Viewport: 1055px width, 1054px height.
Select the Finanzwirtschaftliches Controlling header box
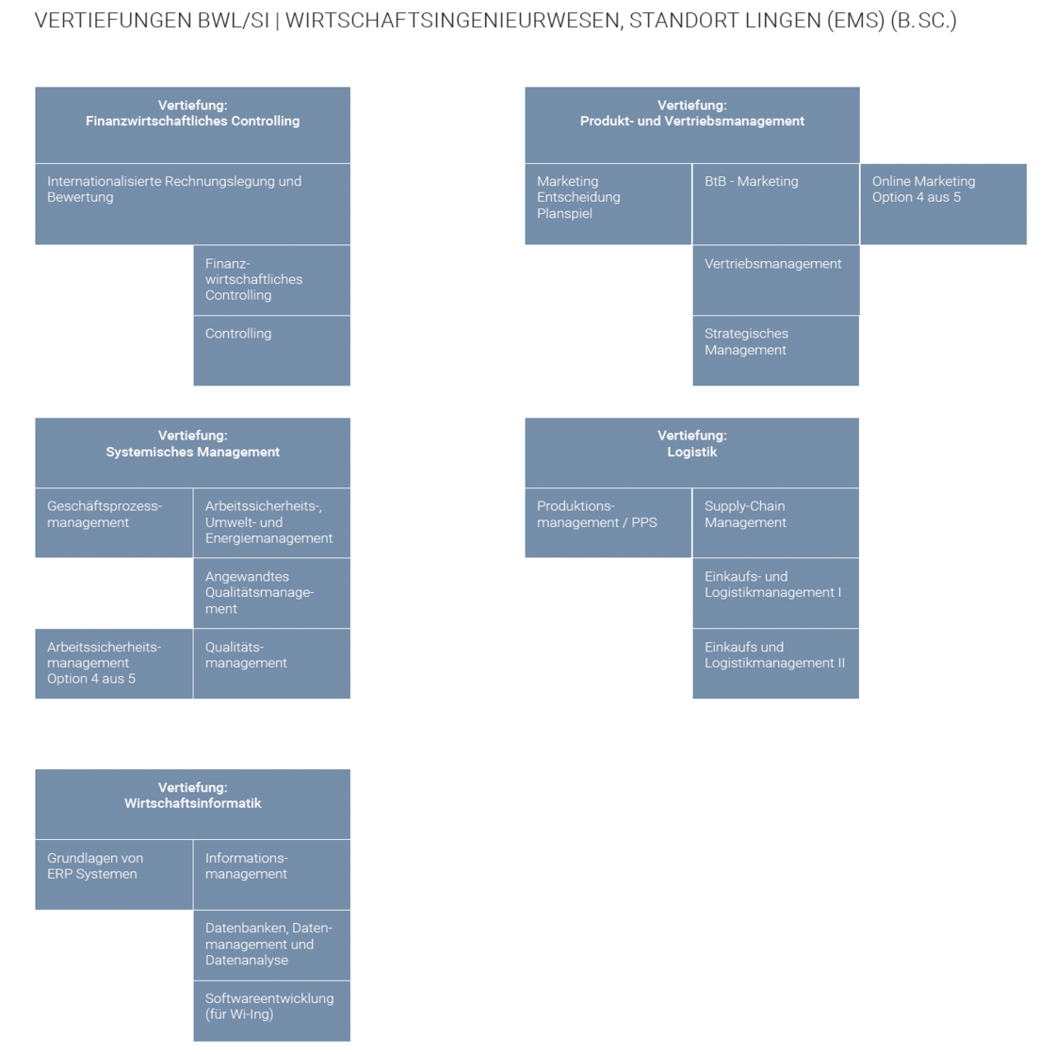[x=192, y=124]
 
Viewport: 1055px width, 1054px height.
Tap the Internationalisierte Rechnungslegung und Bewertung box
[x=192, y=204]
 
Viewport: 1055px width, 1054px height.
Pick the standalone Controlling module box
[x=272, y=351]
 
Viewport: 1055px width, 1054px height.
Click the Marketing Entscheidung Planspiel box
[x=609, y=204]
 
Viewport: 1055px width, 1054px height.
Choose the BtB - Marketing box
[x=776, y=204]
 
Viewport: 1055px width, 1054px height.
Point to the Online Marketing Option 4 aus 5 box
[x=943, y=204]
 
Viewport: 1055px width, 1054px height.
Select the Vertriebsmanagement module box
[x=776, y=280]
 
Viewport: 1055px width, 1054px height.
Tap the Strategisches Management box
[x=776, y=351]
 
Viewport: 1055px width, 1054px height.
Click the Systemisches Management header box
[x=192, y=453]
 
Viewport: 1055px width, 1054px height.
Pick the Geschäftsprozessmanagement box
[x=114, y=523]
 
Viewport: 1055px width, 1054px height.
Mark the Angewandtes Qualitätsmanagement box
[x=272, y=593]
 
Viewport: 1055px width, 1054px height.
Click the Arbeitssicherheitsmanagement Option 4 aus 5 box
[x=114, y=664]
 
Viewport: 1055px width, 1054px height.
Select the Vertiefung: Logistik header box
[x=691, y=453]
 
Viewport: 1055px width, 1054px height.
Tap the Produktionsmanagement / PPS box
[x=609, y=523]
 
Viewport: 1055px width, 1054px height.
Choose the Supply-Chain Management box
[x=776, y=523]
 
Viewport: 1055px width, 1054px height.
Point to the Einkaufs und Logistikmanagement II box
[x=776, y=664]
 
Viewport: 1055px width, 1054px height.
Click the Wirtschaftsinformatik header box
[x=192, y=804]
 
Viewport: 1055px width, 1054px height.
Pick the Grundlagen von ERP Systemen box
[x=114, y=875]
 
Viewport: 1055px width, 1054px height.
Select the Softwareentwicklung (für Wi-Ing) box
[x=272, y=1012]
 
